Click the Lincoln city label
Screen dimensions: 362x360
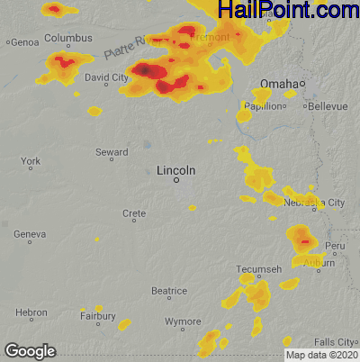pos(175,169)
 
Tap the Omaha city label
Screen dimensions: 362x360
pos(277,84)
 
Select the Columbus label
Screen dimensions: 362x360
pos(68,39)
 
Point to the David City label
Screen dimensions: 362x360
pos(107,77)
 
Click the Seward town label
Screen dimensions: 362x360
pos(112,152)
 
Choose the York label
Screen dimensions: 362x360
pos(30,161)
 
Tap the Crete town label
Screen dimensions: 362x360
pos(133,213)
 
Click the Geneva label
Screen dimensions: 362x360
pos(30,234)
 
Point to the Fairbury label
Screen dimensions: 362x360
pos(97,316)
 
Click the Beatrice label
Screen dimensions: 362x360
pos(168,291)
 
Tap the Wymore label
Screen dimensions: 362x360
pos(183,321)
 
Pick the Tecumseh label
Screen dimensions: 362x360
pos(259,269)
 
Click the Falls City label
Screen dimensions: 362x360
pos(336,341)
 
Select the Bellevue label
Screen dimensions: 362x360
pos(327,105)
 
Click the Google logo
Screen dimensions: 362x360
pos(30,350)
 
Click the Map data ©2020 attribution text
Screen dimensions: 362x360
pos(321,355)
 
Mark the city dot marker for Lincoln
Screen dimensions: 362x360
pos(176,180)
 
